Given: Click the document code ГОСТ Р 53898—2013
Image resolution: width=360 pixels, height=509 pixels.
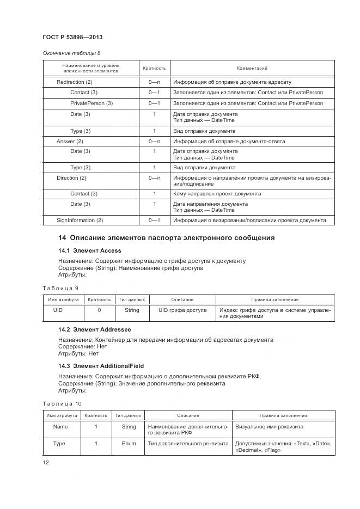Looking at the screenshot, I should pyautogui.click(x=72, y=37).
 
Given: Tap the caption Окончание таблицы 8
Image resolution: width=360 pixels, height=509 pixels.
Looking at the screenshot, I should pyautogui.click(x=71, y=53).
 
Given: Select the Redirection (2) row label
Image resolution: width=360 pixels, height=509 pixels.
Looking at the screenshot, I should pyautogui.click(x=75, y=82).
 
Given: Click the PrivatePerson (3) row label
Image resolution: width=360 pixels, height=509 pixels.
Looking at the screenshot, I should pyautogui.click(x=91, y=103).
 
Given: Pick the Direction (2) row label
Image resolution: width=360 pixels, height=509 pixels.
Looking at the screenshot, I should pyautogui.click(x=71, y=178).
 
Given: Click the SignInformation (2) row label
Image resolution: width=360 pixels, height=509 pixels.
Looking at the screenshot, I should pyautogui.click(x=80, y=220).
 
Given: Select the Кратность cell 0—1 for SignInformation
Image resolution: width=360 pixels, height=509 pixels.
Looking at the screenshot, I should pyautogui.click(x=154, y=220).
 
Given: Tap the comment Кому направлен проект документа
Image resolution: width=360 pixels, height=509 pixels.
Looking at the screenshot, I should pyautogui.click(x=217, y=194).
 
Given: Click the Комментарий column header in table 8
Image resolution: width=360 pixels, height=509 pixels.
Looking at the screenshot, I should pyautogui.click(x=252, y=68).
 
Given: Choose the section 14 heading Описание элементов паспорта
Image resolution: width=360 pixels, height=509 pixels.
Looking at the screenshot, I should pyautogui.click(x=166, y=238).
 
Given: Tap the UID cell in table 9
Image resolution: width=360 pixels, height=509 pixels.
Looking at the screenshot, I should pyautogui.click(x=58, y=310).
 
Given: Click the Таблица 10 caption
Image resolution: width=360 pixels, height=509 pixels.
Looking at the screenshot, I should pyautogui.click(x=62, y=403).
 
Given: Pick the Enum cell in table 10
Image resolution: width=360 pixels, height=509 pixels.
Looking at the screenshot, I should pyautogui.click(x=129, y=444).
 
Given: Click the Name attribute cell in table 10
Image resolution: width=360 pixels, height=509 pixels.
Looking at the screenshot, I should pyautogui.click(x=60, y=427).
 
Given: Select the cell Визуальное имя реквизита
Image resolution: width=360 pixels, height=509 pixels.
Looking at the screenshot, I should pyautogui.click(x=269, y=427).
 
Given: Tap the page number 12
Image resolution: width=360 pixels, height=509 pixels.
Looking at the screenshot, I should pyautogui.click(x=46, y=462).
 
